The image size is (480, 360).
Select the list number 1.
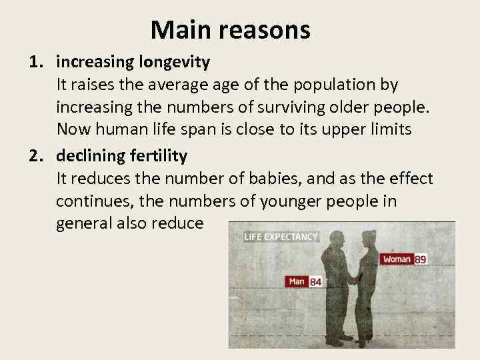(x=37, y=63)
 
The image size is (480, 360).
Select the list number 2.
(x=37, y=156)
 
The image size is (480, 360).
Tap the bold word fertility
(x=158, y=156)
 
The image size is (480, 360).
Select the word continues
(x=90, y=201)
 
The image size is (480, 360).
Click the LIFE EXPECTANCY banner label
(x=281, y=237)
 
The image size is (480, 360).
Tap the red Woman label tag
(x=397, y=259)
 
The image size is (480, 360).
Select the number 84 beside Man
(x=315, y=282)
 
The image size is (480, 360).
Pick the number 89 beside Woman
(x=421, y=259)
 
